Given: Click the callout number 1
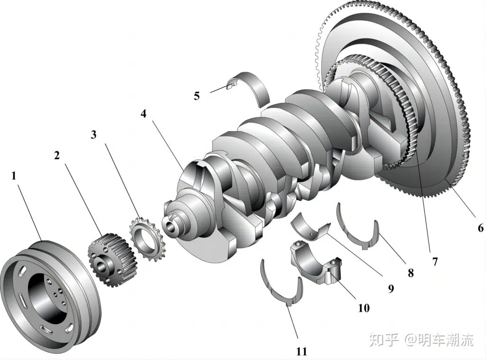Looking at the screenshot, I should point(14,176).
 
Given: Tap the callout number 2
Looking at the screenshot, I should point(57,155).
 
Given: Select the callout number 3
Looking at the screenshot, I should point(93,134).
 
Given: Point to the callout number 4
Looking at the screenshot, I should point(144,114).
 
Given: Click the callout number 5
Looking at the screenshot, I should point(196,95).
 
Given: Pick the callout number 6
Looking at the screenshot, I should point(480,228).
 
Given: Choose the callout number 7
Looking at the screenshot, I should point(435,261).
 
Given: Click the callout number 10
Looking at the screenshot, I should point(364,308).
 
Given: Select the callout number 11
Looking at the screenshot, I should point(301,351).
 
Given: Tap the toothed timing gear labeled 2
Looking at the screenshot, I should point(112,259).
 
